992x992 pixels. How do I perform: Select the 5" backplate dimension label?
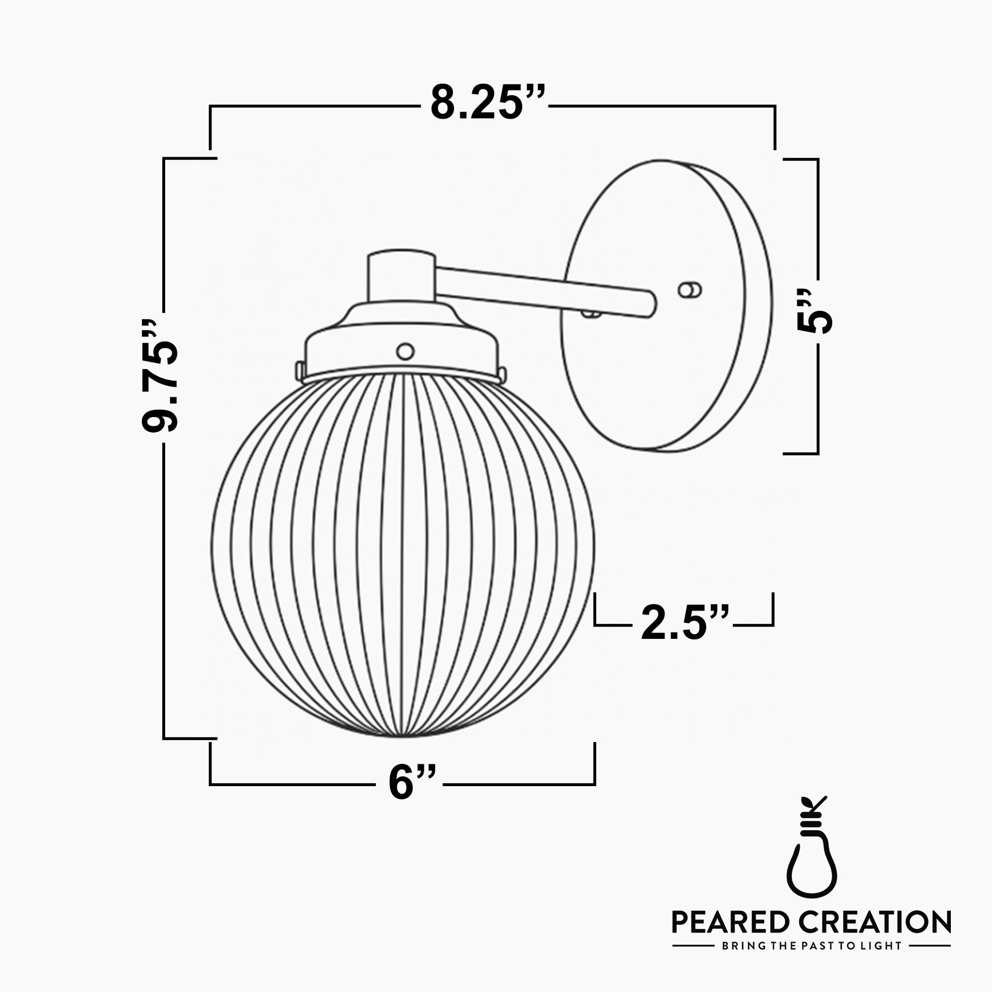pyautogui.click(x=814, y=311)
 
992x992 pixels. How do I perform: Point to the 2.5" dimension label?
pyautogui.click(x=684, y=623)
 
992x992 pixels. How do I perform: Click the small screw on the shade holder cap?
pyautogui.click(x=405, y=351)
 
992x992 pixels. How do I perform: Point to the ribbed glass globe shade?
pyautogui.click(x=403, y=555)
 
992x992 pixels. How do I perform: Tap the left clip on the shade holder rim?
pyautogui.click(x=299, y=369)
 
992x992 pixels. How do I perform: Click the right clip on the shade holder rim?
pyautogui.click(x=502, y=374)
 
